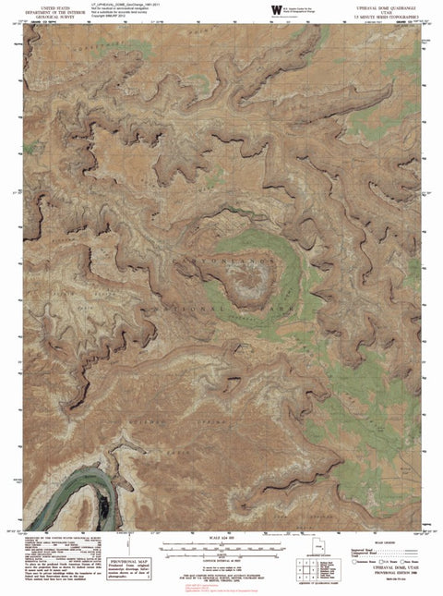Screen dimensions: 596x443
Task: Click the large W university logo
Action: pos(275,11)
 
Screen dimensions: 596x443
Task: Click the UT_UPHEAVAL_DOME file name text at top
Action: pos(138,5)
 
